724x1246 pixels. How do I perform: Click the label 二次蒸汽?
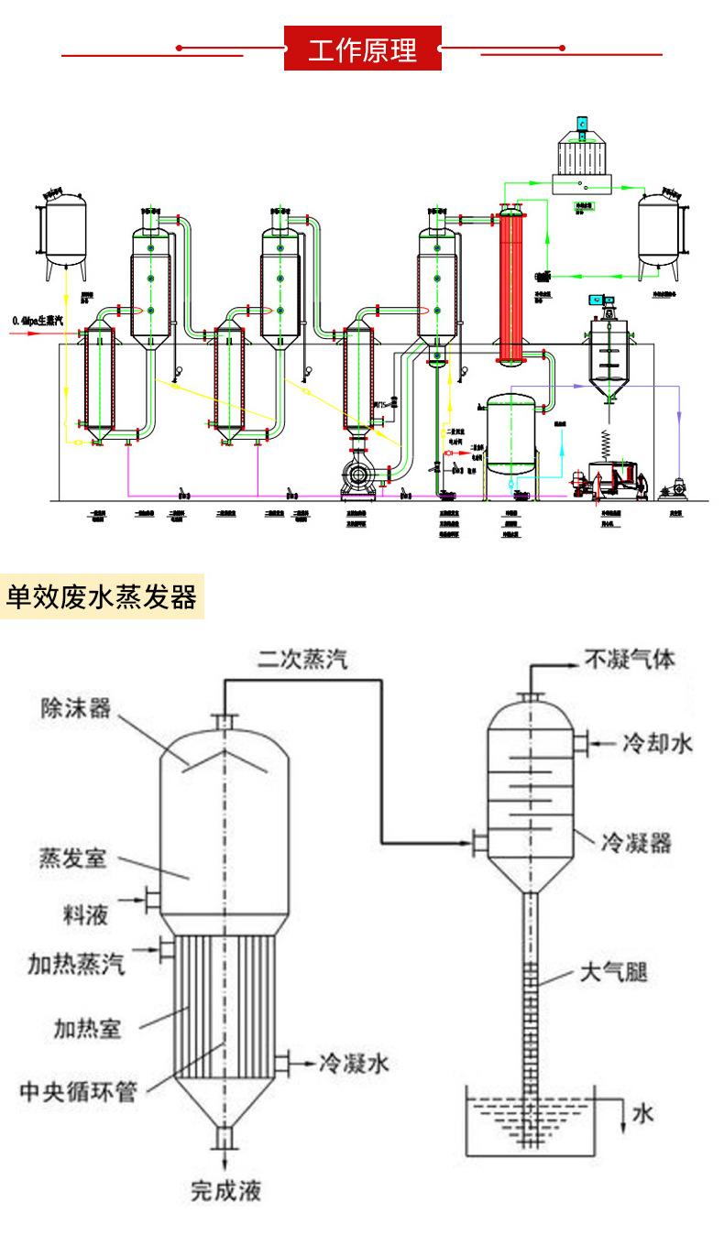tap(302, 660)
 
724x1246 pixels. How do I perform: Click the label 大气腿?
tap(616, 972)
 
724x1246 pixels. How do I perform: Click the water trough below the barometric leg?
tap(532, 1131)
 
